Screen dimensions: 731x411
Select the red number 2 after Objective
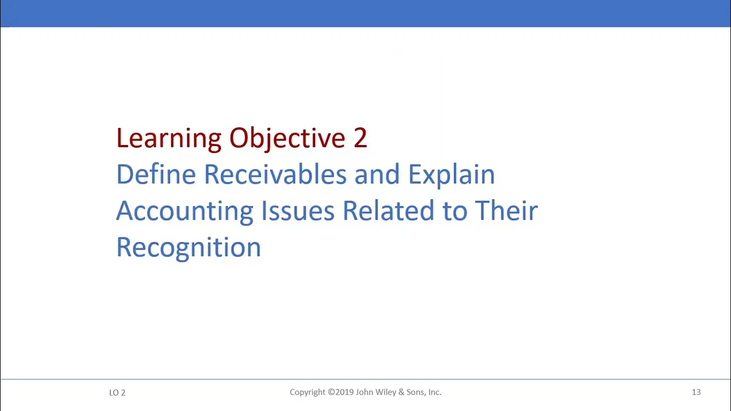(x=360, y=138)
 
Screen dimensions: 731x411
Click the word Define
(x=156, y=174)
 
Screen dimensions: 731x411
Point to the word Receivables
(x=275, y=174)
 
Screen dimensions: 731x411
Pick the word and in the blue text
(x=377, y=174)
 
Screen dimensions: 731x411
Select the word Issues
(x=298, y=211)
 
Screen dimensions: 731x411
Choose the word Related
(x=388, y=211)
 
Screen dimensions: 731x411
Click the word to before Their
(x=455, y=211)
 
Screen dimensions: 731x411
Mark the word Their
(x=506, y=211)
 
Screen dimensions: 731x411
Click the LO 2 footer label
(x=117, y=393)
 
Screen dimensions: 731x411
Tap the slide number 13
(x=696, y=392)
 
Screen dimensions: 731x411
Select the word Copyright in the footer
(x=307, y=392)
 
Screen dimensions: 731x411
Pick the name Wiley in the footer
(x=386, y=392)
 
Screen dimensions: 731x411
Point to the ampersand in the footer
(x=401, y=392)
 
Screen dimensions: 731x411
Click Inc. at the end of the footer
(x=435, y=392)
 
